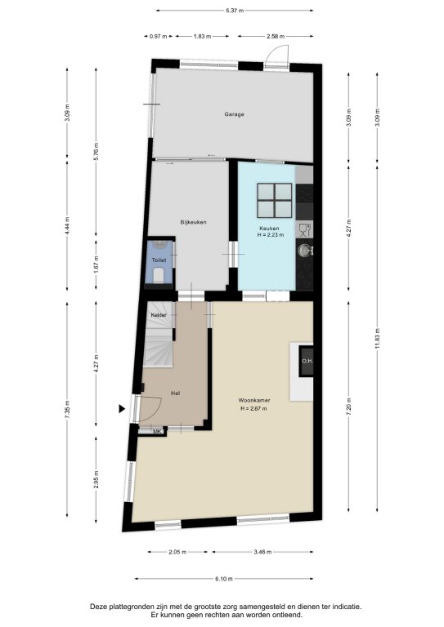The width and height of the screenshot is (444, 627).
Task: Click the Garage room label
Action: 234,114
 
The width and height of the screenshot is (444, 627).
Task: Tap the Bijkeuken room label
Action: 193,222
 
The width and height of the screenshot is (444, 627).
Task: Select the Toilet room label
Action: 159,260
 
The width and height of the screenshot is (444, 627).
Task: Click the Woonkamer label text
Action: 254,400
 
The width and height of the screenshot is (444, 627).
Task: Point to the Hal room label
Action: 175,393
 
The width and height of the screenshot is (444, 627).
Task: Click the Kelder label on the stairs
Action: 159,315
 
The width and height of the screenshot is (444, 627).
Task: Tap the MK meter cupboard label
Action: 157,431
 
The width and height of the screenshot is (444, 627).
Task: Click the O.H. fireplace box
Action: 307,361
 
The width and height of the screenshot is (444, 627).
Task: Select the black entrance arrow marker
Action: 122,409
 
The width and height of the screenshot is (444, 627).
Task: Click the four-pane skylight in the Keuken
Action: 275,200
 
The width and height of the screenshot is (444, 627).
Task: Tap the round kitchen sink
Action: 304,251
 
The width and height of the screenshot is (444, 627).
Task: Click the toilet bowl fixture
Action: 159,275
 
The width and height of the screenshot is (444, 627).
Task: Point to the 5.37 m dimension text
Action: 235,11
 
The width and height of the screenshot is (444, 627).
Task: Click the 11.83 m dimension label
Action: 378,338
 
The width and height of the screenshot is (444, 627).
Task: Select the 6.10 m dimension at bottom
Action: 224,579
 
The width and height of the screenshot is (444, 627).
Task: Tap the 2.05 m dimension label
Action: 177,552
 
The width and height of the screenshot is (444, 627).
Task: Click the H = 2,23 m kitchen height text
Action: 271,235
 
